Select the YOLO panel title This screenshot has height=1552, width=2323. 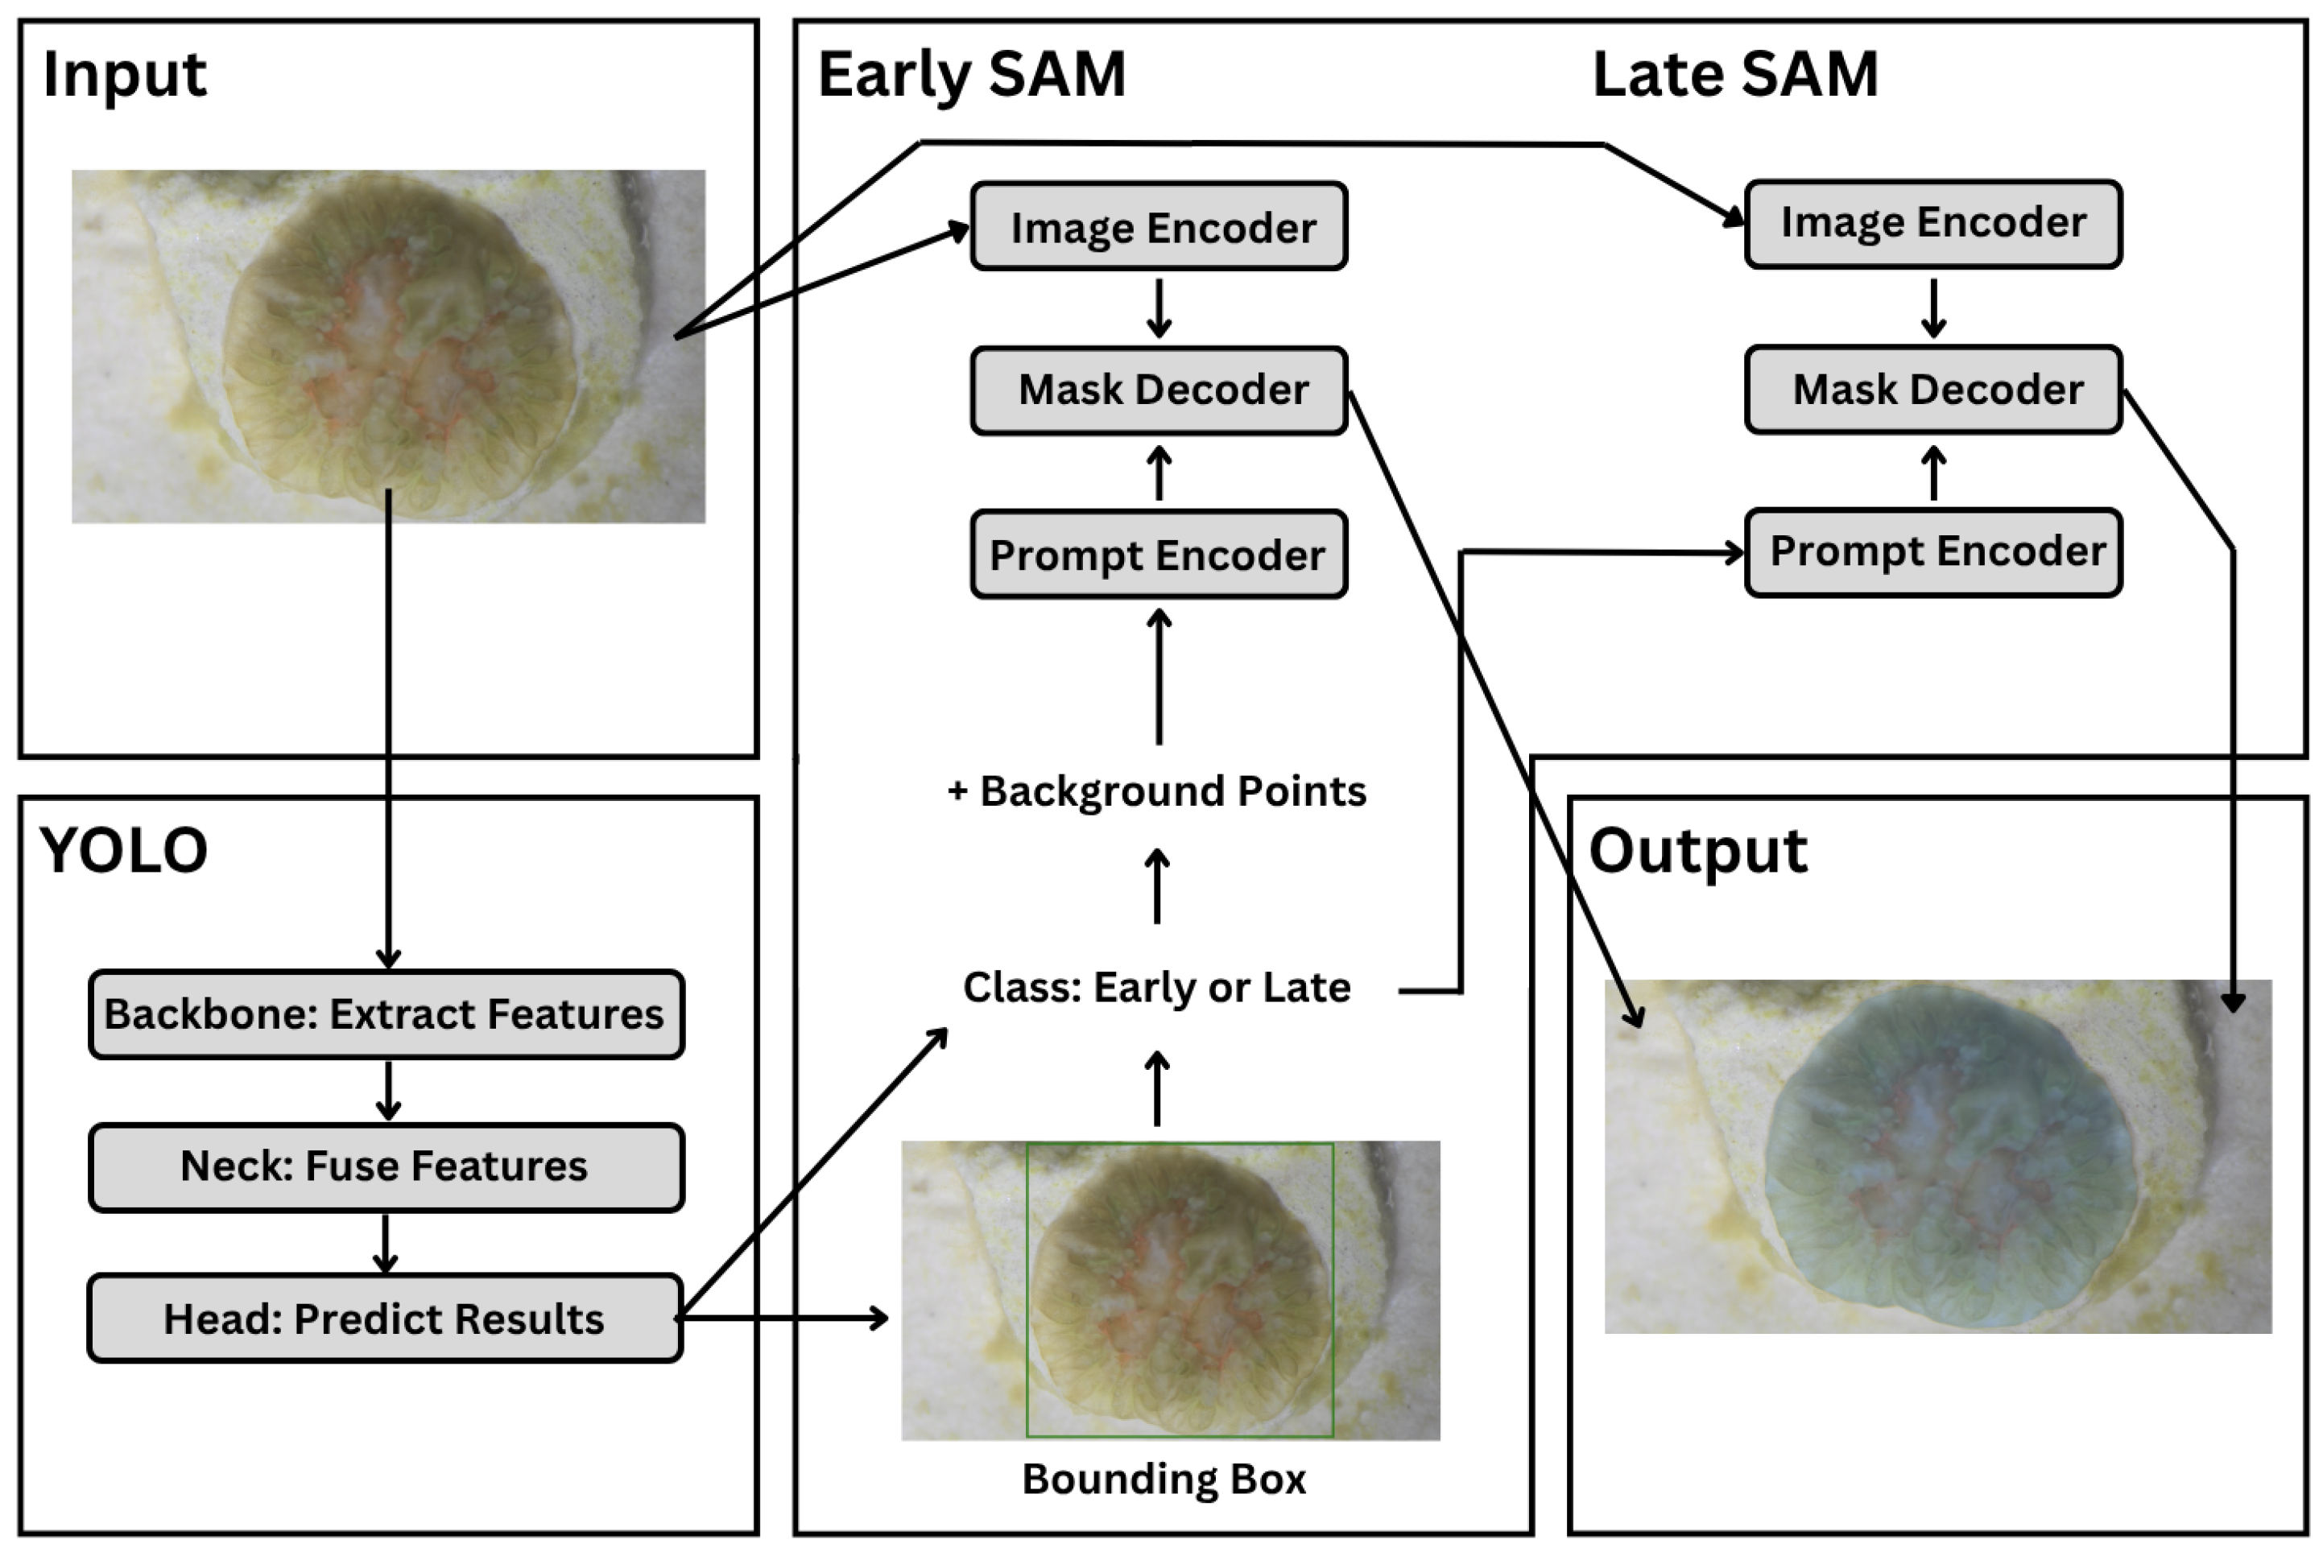click(124, 850)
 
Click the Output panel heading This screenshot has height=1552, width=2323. click(1697, 851)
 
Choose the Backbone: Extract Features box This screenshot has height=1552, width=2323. click(386, 1014)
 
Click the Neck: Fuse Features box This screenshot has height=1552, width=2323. click(386, 1167)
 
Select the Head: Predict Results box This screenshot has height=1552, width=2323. click(385, 1319)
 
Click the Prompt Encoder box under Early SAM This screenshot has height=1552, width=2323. click(1159, 555)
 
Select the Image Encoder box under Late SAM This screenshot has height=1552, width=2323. click(1933, 224)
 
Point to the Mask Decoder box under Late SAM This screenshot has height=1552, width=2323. click(1933, 389)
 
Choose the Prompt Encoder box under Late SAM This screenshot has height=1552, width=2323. click(1933, 551)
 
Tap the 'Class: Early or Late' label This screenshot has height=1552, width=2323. click(1157, 988)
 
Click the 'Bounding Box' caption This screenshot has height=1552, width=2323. click(1164, 1480)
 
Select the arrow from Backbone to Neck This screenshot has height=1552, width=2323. click(388, 1091)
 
